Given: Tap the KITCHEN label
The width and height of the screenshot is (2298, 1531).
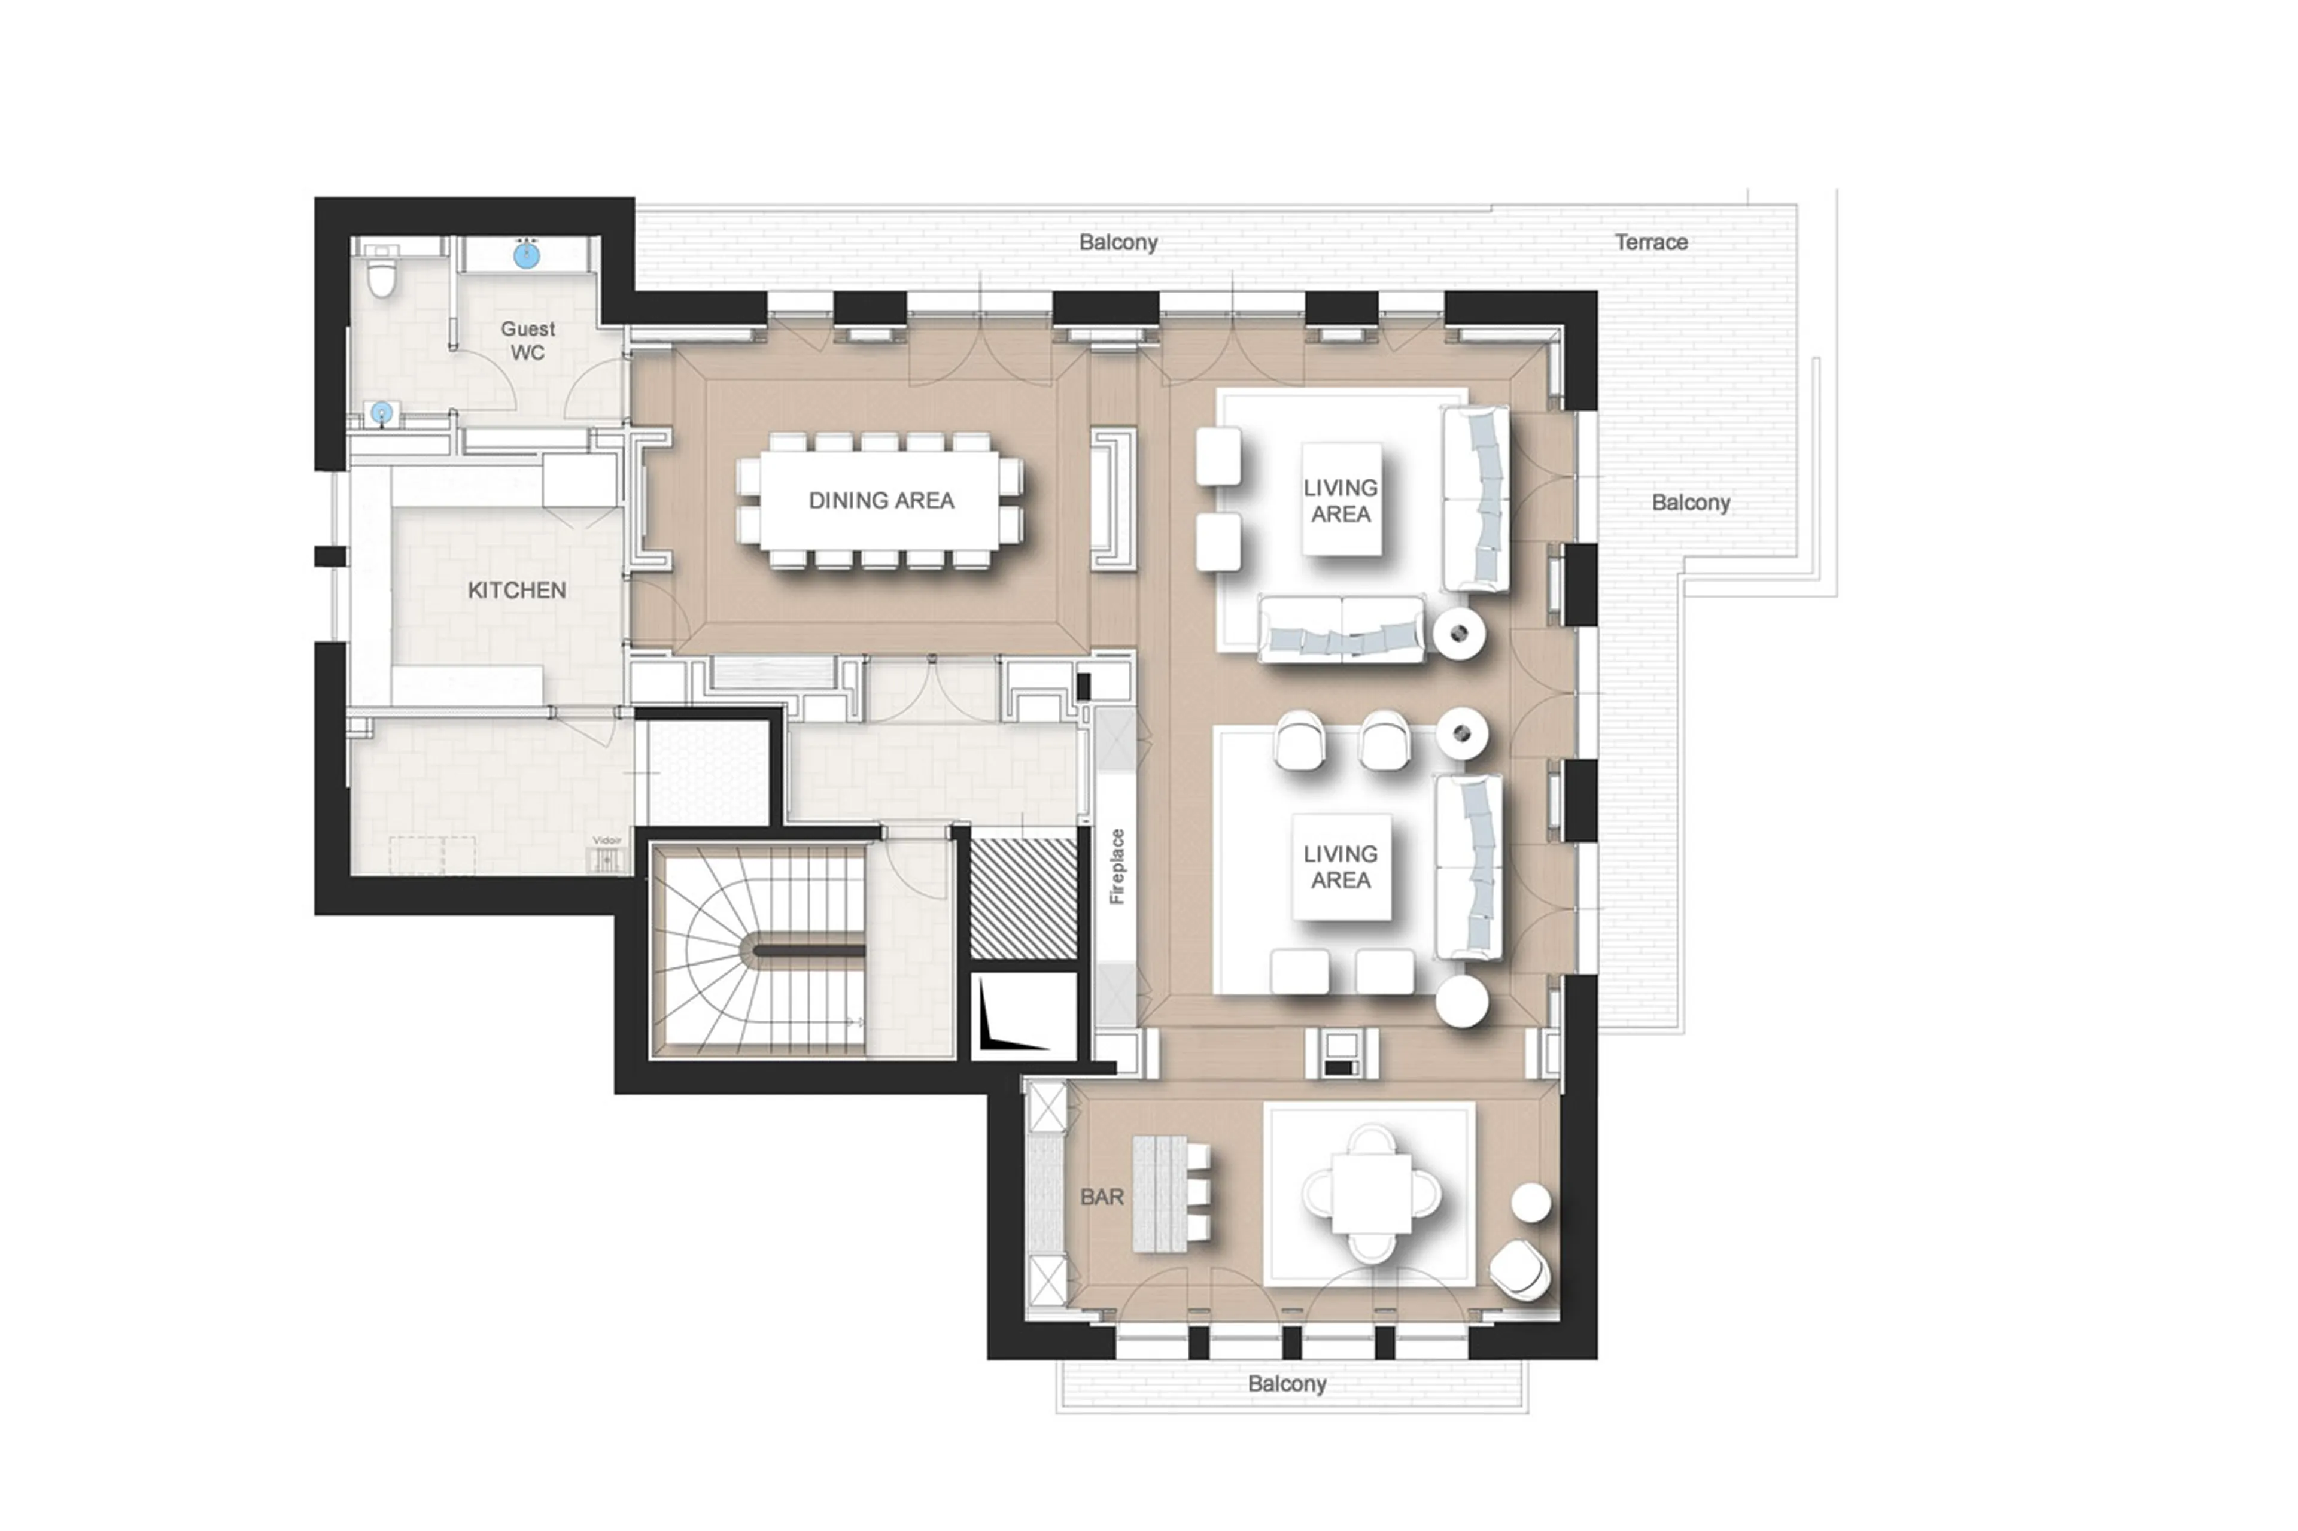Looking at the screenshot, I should (x=516, y=591).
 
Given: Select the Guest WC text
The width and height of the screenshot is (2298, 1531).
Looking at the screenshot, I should (x=527, y=341).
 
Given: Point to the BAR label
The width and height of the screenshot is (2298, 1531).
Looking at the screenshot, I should (x=1102, y=1197).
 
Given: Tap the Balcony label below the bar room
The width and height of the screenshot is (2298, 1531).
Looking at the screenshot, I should (x=1286, y=1384).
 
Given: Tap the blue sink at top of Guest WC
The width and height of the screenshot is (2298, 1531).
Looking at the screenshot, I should (x=527, y=256).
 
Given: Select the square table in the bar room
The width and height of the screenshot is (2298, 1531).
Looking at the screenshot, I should (x=1370, y=1192).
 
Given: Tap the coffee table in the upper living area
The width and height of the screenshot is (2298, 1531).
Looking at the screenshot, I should (x=1341, y=500).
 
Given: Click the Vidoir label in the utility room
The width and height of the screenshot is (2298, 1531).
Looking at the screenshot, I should (x=606, y=841).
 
